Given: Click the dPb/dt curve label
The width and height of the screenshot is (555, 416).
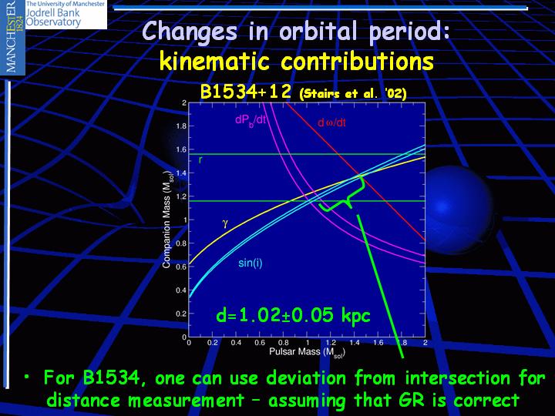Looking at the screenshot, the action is (x=251, y=120).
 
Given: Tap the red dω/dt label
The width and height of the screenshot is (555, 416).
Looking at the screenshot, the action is (x=331, y=122).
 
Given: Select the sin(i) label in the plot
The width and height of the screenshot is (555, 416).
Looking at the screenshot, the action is (x=251, y=263).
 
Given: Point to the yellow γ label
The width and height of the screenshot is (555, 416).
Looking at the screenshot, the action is (x=225, y=224).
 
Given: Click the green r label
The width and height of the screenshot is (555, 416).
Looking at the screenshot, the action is (x=200, y=160).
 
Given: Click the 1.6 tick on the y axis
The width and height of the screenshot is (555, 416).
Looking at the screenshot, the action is (x=181, y=149).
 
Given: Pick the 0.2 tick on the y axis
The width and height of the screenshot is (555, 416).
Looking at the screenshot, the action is (x=181, y=314).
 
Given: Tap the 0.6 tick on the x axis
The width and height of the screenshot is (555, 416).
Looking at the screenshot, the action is (x=260, y=342).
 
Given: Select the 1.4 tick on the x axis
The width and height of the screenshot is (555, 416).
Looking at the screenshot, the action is (x=355, y=342).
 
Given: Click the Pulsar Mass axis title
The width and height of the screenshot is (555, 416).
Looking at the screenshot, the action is (x=307, y=352).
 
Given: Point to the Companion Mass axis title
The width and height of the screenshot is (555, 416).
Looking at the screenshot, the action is (x=166, y=220).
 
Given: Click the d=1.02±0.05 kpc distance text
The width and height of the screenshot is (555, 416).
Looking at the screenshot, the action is (x=293, y=315).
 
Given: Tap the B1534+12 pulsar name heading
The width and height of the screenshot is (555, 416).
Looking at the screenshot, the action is (x=246, y=92).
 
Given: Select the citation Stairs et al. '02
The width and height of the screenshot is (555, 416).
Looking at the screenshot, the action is (x=353, y=94).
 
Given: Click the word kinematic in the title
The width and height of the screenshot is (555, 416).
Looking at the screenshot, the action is (x=214, y=61).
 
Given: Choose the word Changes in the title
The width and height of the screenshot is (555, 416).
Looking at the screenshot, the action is (x=190, y=32).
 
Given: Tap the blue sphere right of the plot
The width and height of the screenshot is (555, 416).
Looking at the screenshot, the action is (x=456, y=209).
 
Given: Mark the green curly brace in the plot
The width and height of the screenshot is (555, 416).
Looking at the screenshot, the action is (x=342, y=195).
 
